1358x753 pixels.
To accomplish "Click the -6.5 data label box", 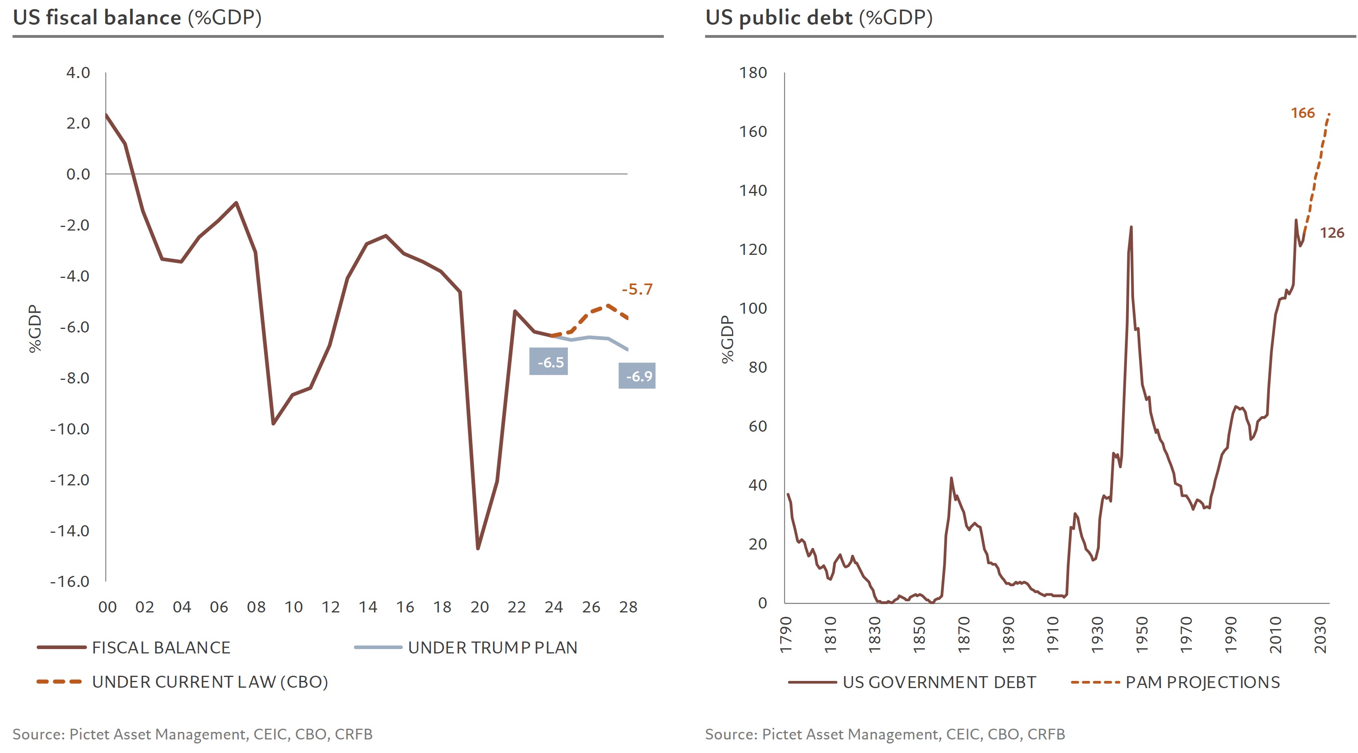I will pos(548,362).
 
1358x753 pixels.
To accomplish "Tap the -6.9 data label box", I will pos(637,376).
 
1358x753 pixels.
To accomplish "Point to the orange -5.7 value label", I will pos(637,289).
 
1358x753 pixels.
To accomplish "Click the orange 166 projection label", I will pos(1302,113).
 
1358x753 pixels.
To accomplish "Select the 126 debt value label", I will pos(1331,233).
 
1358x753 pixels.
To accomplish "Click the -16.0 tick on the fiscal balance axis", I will pos(70,581).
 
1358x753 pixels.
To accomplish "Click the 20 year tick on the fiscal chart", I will pos(479,607).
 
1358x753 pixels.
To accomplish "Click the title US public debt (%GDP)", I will pos(819,18).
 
